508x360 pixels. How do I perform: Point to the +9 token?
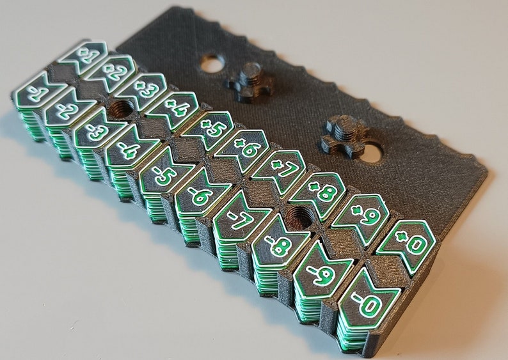[x=361, y=216]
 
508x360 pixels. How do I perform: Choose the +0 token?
[x=408, y=244]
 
